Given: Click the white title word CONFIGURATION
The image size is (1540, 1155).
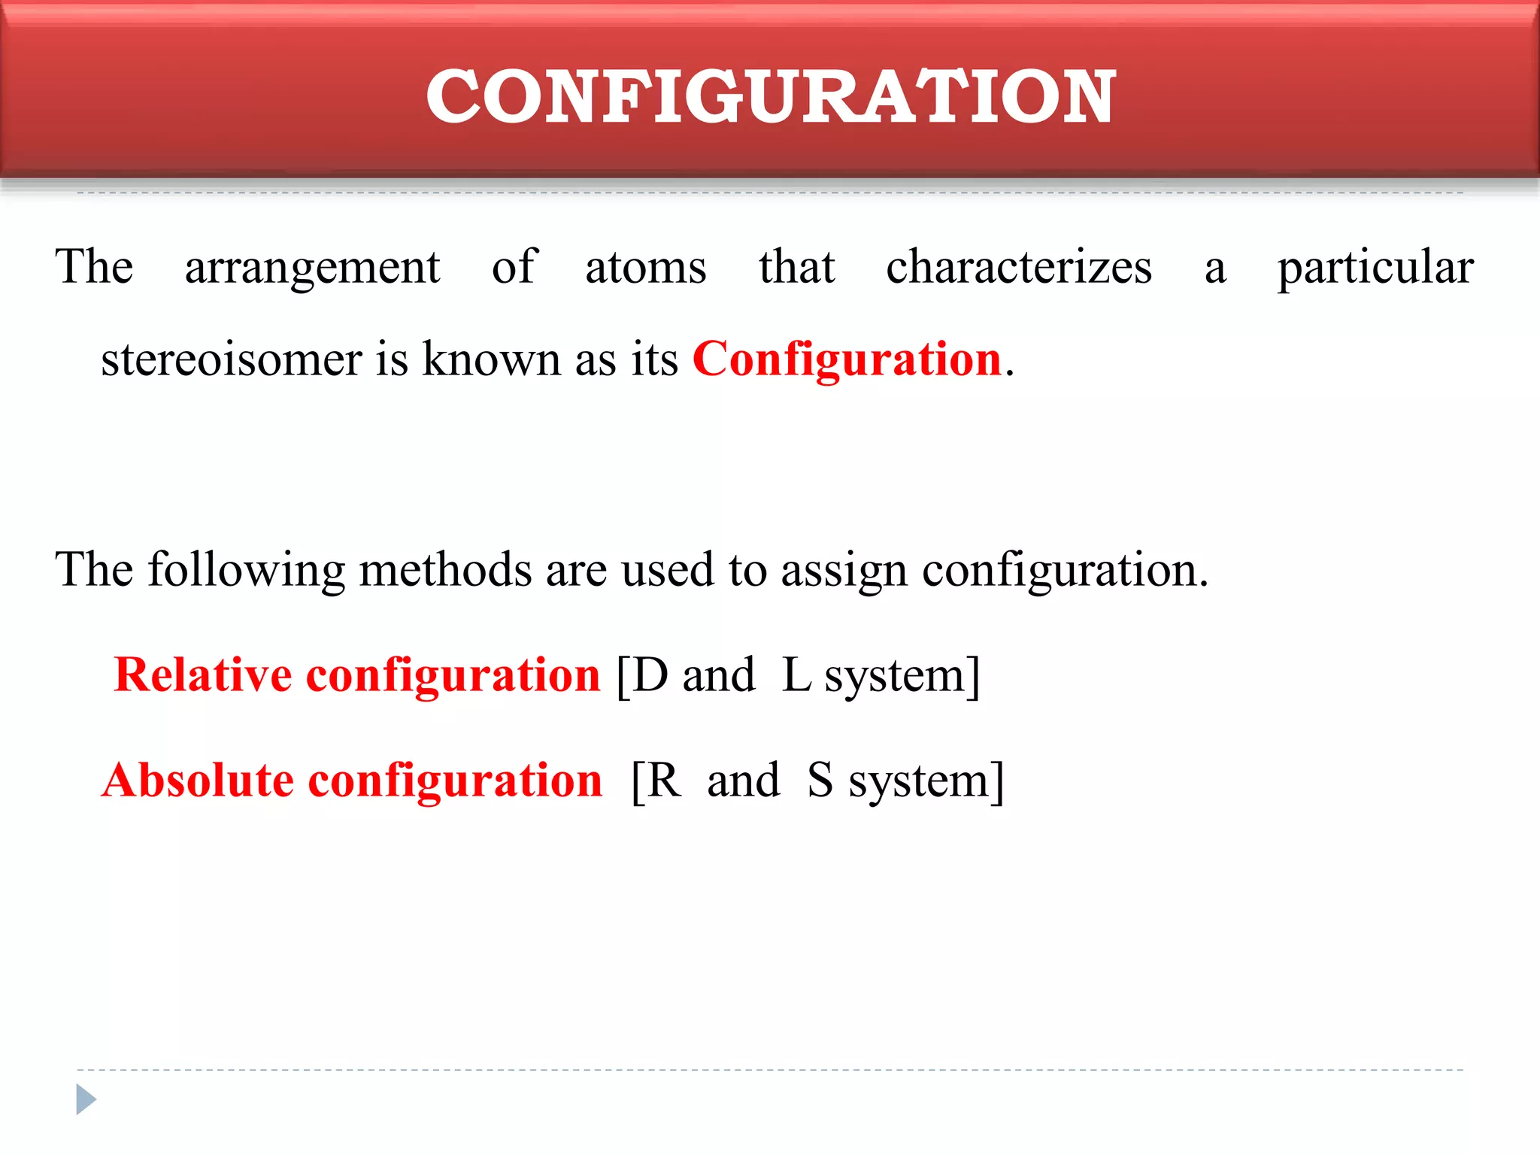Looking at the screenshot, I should (771, 95).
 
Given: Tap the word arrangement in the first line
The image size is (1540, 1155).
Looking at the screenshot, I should (312, 268).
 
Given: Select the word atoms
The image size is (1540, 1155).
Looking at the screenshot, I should (646, 268).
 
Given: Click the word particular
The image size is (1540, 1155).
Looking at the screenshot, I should (1375, 268).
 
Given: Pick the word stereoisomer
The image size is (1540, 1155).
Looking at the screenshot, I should (232, 359).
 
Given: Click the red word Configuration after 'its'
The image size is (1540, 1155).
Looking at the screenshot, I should (847, 359).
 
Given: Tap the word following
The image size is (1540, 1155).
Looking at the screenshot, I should (247, 570).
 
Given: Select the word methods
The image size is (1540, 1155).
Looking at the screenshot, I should (446, 569).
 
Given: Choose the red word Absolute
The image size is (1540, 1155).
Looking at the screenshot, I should (198, 780).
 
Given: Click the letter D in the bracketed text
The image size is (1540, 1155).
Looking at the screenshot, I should (650, 675).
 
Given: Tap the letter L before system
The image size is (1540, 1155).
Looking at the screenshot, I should (796, 675).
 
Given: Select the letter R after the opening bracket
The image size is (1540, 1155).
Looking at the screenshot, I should (664, 781).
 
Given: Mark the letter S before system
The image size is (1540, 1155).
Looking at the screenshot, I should (820, 781).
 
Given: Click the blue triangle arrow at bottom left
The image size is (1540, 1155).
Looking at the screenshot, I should (86, 1099).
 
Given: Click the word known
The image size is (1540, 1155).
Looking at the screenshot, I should (492, 359).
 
